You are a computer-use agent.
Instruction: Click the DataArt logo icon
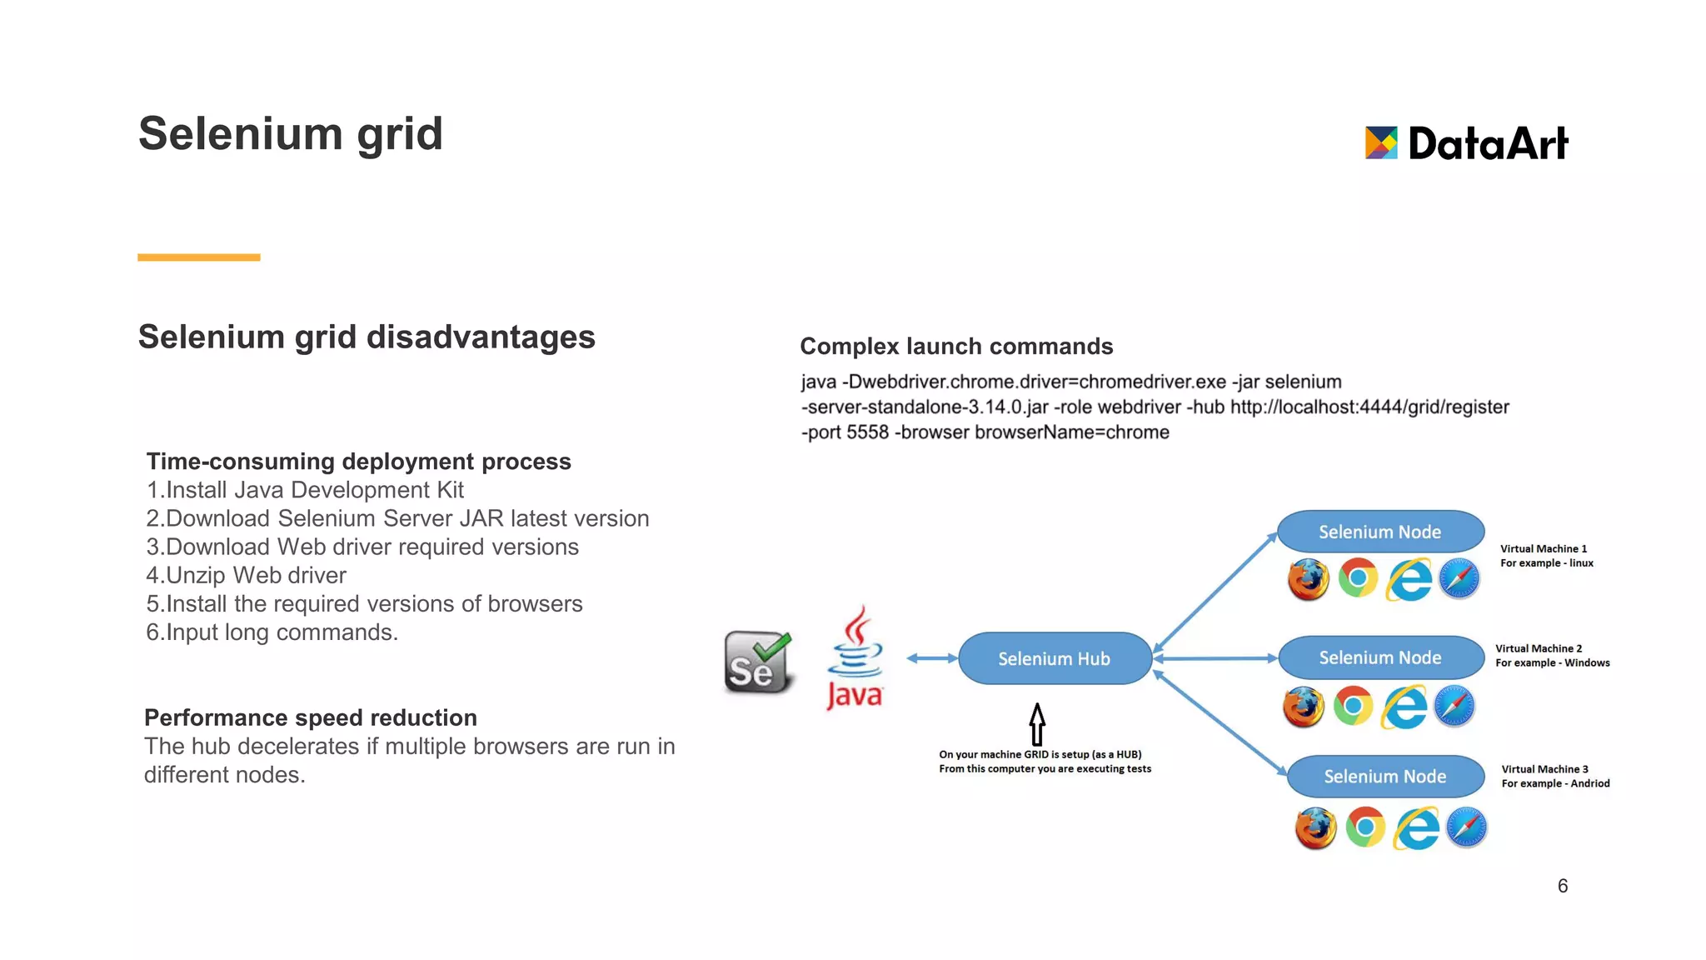pos(1380,142)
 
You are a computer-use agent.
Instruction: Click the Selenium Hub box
pos(1054,658)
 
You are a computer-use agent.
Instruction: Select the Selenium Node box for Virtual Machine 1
pos(1379,532)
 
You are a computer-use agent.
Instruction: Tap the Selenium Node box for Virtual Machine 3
pos(1384,776)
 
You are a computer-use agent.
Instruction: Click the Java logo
pos(855,658)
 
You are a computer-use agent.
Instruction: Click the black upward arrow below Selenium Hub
pos(1037,723)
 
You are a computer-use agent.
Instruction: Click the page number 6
pos(1563,886)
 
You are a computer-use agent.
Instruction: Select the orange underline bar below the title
pos(199,257)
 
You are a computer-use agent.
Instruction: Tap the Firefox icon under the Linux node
pos(1308,579)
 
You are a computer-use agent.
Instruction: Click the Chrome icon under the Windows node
pos(1353,706)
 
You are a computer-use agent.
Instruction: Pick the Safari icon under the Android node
pos(1466,827)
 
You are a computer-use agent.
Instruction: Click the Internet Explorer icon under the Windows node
pos(1404,707)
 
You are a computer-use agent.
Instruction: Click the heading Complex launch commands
pos(956,346)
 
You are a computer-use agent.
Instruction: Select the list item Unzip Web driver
pos(247,575)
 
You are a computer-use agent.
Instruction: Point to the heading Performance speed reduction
pos(311,717)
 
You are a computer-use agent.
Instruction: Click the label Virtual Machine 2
pos(1538,648)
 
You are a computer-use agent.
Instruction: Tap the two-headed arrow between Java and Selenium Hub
pos(932,658)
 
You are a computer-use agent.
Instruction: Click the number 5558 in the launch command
pos(867,432)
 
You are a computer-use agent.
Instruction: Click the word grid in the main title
pos(400,134)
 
